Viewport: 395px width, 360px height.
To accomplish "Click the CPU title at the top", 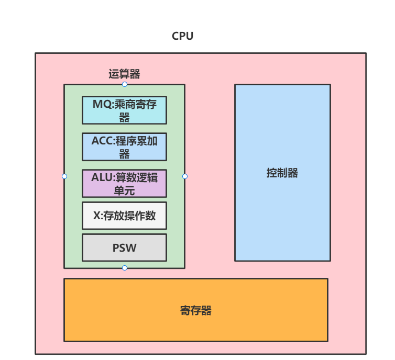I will coord(182,36).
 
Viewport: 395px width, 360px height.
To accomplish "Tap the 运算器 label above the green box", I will coord(124,74).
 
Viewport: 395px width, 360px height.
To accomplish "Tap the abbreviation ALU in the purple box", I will coord(102,177).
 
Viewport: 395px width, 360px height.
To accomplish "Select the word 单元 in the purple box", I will coord(124,191).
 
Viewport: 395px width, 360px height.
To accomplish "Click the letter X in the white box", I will coord(96,216).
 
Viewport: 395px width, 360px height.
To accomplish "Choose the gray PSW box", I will coord(124,248).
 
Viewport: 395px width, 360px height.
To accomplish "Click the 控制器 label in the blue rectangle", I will coord(282,173).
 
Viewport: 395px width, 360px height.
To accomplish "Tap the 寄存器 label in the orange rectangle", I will coord(195,310).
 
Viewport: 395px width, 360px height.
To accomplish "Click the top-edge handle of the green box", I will coord(125,84).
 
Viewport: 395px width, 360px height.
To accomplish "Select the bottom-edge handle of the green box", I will coord(125,268).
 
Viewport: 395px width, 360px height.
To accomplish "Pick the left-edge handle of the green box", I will coord(64,176).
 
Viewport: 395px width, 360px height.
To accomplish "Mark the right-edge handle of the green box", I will coord(185,176).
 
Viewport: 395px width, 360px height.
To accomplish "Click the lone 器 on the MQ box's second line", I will coord(124,118).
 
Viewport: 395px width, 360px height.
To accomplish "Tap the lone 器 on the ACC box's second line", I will coord(124,154).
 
